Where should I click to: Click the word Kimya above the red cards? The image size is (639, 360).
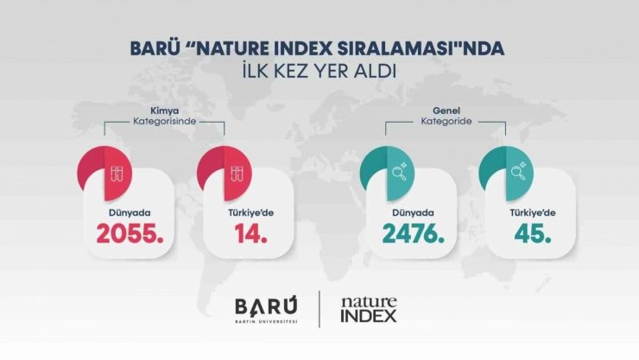pos(163,111)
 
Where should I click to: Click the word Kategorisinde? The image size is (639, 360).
pos(163,122)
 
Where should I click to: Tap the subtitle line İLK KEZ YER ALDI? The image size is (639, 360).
pos(319,71)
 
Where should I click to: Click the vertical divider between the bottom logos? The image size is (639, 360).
pos(319,308)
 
